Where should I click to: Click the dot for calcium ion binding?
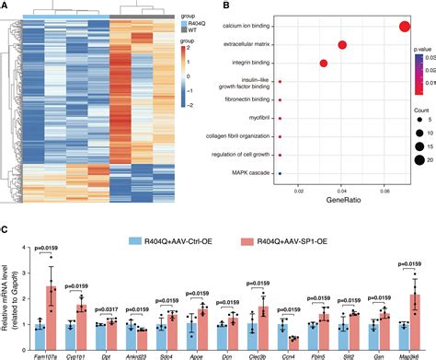click(405, 26)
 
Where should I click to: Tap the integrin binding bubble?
click(324, 64)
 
